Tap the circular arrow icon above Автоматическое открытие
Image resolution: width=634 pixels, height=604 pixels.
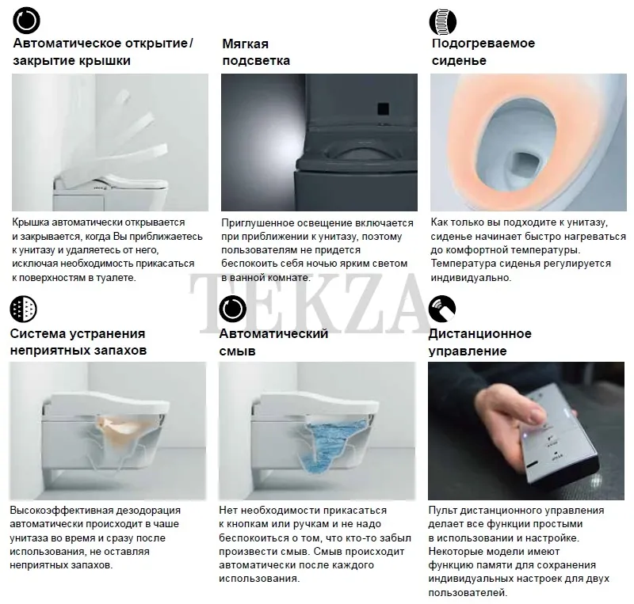(26, 20)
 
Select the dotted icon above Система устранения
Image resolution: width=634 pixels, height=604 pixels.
(24, 309)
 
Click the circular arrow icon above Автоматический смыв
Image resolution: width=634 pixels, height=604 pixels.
(232, 309)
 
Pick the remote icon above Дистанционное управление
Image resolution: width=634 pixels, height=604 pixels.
(442, 309)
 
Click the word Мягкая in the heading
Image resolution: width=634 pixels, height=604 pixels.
(246, 44)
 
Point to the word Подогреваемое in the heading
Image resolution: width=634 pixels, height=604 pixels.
(483, 44)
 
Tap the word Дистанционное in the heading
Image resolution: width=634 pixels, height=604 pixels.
(480, 334)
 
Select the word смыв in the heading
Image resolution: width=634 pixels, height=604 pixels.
(237, 351)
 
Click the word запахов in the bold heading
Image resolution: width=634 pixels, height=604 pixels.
(120, 350)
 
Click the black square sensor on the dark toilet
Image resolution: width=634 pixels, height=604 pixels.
(383, 108)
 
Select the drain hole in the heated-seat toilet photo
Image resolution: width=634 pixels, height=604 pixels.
(525, 166)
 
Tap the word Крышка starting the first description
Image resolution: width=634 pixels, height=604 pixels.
(31, 222)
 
